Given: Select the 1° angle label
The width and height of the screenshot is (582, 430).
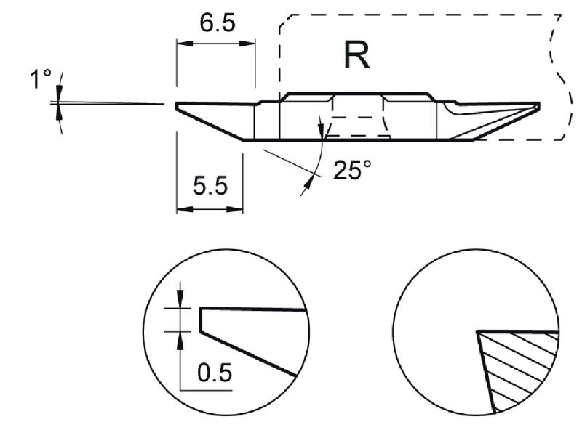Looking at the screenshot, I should (x=39, y=79).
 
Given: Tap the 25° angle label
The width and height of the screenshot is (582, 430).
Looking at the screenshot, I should (x=352, y=170).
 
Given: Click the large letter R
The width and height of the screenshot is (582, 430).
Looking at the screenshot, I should (x=357, y=56).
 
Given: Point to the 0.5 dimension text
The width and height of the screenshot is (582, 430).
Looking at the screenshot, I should (x=215, y=373).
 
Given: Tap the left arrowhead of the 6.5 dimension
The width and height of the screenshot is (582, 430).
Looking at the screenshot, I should (x=182, y=44).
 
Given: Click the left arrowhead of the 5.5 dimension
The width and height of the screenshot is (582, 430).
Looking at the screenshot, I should (x=182, y=209).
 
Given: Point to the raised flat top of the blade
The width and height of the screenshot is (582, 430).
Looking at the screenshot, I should (x=356, y=94).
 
